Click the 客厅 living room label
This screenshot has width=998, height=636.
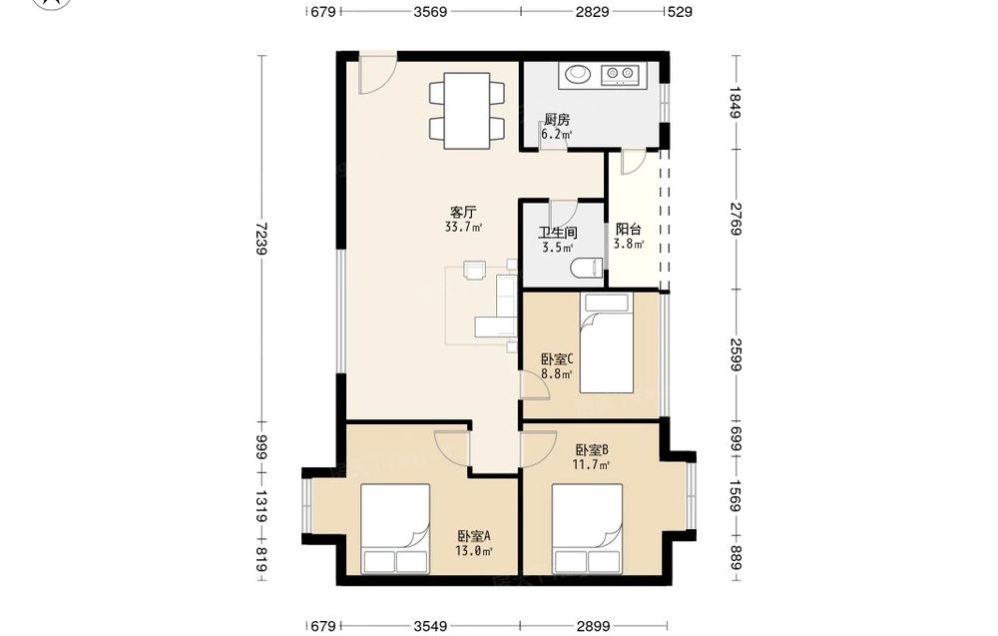(463, 212)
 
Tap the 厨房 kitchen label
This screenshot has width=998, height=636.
(557, 120)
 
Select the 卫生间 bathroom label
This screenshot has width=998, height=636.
(558, 233)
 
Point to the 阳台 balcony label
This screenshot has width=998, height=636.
(628, 230)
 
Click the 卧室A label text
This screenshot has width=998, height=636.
(474, 536)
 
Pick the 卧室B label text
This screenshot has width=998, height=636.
(592, 450)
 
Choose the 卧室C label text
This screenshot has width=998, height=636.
(558, 359)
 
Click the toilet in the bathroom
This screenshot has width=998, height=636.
(587, 268)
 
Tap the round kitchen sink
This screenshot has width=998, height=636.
(578, 74)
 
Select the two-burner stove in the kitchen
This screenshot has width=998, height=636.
(620, 75)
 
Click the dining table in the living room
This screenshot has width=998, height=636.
(467, 111)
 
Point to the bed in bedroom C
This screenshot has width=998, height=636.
(607, 343)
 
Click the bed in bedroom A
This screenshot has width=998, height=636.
(395, 528)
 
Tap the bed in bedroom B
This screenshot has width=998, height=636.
(587, 528)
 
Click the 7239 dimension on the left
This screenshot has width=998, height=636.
(259, 239)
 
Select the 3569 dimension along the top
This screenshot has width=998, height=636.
(430, 11)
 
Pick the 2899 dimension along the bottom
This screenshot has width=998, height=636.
(593, 626)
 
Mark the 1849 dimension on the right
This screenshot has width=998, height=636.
(736, 103)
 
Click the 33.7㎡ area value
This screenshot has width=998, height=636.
(463, 227)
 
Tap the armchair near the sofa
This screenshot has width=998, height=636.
(474, 270)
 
